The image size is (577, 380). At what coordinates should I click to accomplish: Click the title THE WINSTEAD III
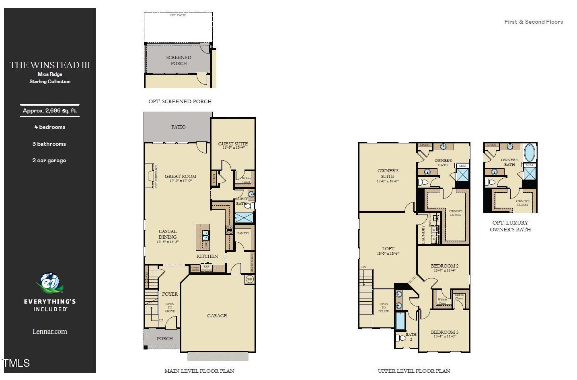[x=50, y=65]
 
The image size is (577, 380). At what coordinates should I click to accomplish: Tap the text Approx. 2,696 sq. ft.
[x=50, y=111]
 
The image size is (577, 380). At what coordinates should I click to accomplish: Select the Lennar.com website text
[x=50, y=331]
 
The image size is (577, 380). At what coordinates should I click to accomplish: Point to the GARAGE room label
[x=217, y=316]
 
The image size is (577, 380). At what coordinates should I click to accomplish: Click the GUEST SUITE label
[x=233, y=144]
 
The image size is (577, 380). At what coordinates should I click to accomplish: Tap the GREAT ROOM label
[x=181, y=176]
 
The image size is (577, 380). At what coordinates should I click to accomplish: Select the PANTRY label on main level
[x=243, y=233]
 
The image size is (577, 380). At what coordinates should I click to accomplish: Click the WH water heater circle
[x=249, y=279]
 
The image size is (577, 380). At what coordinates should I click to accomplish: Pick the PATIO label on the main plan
[x=178, y=127]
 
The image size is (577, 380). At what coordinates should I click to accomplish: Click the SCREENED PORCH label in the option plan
[x=179, y=60]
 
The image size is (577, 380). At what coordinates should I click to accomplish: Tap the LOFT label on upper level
[x=388, y=249]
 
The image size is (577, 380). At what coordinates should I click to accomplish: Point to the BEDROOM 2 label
[x=444, y=266]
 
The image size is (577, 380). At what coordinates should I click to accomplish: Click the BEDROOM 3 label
[x=444, y=332]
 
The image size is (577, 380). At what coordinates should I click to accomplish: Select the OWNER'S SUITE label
[x=388, y=174]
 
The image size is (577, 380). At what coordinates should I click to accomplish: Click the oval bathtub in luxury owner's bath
[x=530, y=153]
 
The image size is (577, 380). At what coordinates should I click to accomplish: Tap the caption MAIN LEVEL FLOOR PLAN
[x=199, y=371]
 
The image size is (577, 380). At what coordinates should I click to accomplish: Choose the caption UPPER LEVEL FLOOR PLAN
[x=414, y=371]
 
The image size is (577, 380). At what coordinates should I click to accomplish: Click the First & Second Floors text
[x=534, y=22]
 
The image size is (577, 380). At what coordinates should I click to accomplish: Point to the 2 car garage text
[x=49, y=160]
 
